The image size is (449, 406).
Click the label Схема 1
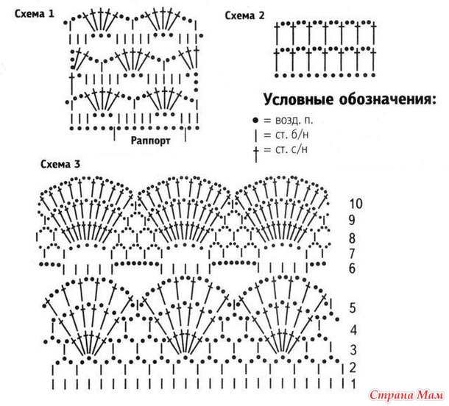35,14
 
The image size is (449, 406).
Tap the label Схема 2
244,15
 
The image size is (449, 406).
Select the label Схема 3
60,164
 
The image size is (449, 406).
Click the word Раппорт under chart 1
150,140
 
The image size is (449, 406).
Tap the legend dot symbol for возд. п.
255,121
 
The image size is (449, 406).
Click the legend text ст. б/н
291,135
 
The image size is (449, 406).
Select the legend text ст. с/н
291,149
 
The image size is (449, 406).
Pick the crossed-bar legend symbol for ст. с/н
256,154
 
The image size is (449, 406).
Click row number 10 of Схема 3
356,204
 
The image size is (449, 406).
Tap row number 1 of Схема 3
353,383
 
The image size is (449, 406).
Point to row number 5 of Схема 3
353,308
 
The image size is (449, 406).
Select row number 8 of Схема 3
353,238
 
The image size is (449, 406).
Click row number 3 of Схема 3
353,350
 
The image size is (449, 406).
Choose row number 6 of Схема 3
353,268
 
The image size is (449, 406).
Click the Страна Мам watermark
406,396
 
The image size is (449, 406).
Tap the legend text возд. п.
294,120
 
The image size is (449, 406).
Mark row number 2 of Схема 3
353,367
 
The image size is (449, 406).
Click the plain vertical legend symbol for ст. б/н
255,135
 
